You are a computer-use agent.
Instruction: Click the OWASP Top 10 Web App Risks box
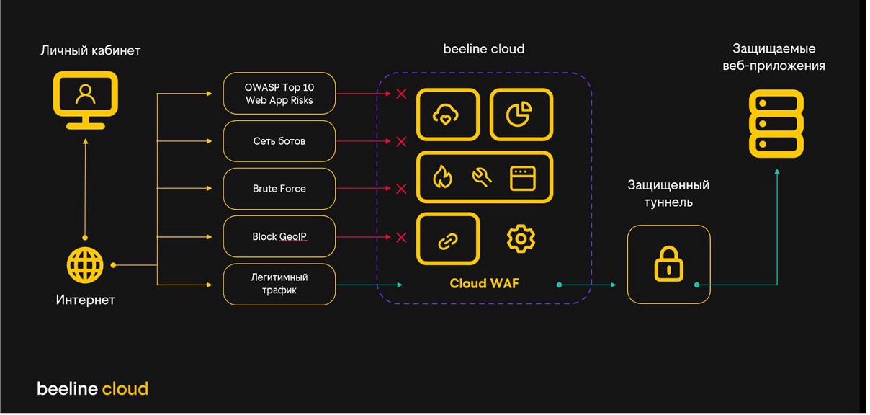click(x=279, y=93)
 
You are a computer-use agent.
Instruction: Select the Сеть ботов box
click(x=279, y=141)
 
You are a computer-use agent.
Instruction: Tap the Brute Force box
click(x=279, y=189)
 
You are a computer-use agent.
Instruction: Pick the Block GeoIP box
click(x=279, y=236)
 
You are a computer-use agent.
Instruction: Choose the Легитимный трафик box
click(x=279, y=284)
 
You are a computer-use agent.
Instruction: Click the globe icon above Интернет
click(x=85, y=265)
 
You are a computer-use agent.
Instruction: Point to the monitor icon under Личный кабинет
click(x=85, y=99)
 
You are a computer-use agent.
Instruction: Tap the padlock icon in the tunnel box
click(x=668, y=264)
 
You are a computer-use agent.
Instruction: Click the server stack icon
click(x=775, y=123)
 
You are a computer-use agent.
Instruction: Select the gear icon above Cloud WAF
click(x=521, y=238)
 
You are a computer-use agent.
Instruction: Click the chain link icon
click(x=447, y=240)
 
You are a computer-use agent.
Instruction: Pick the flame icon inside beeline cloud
click(x=441, y=177)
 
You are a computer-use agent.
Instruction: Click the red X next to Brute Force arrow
click(x=401, y=189)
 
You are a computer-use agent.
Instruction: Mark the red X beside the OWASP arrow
click(x=401, y=94)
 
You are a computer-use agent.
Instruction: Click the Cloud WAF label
click(x=484, y=283)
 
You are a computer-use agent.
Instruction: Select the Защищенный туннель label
click(x=668, y=194)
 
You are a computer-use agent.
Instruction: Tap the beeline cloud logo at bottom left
click(x=92, y=389)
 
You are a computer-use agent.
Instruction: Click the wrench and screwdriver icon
click(x=482, y=177)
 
